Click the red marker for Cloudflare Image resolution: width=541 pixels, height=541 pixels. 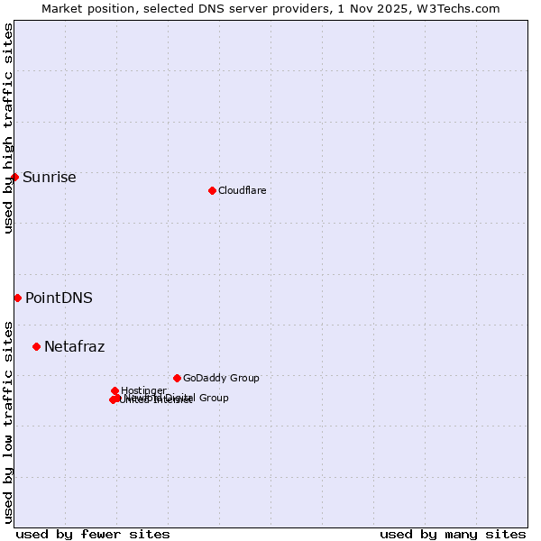tap(212, 190)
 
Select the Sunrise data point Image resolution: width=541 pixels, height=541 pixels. tap(14, 177)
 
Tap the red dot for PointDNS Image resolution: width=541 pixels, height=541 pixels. tap(17, 298)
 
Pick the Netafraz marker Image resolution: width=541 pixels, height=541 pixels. tap(36, 346)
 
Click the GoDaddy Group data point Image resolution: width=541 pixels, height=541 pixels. tap(177, 378)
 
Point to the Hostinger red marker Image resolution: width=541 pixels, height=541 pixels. tap(115, 390)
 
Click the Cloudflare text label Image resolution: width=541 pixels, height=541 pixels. tap(242, 190)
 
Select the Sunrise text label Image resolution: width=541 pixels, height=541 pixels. tap(49, 177)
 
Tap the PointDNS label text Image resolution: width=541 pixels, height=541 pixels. tap(59, 298)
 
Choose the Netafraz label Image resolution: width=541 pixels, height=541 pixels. tap(74, 346)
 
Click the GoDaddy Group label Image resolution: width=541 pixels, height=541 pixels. tap(221, 378)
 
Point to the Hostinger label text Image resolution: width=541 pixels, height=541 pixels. tap(143, 390)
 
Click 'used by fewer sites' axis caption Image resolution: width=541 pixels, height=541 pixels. tap(93, 534)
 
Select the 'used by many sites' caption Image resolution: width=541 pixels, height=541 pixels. tap(453, 534)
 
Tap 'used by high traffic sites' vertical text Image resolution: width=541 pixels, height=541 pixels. tap(8, 128)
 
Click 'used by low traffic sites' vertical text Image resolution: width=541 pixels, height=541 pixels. tap(8, 421)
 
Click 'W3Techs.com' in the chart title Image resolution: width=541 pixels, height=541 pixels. tap(464, 8)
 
